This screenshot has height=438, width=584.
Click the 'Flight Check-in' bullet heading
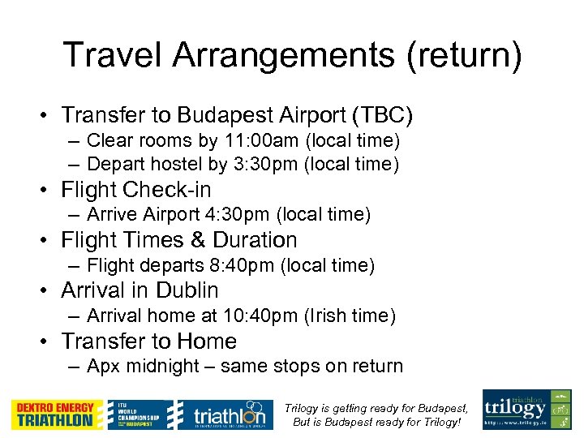135,190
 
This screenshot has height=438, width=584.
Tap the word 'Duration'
255,240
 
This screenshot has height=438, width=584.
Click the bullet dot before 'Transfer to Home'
48,341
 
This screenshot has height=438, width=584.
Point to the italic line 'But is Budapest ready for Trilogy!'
376,423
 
